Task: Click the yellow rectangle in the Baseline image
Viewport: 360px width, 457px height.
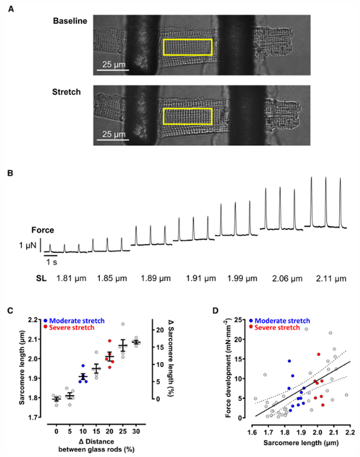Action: coord(187,47)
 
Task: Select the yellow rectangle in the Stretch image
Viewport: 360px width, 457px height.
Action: coord(187,117)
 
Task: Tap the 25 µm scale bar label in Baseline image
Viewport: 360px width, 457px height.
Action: coord(113,65)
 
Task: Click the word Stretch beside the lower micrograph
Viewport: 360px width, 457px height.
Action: coord(66,92)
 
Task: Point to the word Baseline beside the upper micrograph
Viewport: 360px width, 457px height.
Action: coord(70,21)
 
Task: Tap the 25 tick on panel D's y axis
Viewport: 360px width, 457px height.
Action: coord(241,320)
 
